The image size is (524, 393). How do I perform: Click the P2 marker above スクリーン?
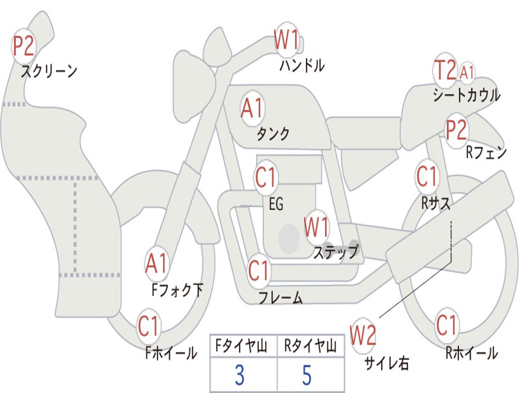click(x=23, y=46)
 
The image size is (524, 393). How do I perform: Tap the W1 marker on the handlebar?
click(x=286, y=39)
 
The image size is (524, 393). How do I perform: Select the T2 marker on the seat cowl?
click(x=445, y=70)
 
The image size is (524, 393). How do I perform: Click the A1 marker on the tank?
click(x=252, y=108)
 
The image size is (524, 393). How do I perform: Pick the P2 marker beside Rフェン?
click(x=456, y=130)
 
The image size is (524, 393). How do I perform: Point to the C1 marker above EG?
click(x=266, y=177)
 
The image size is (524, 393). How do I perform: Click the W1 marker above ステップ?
click(x=316, y=227)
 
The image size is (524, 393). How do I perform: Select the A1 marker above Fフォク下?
click(x=157, y=264)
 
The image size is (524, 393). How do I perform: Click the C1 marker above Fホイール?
click(x=148, y=326)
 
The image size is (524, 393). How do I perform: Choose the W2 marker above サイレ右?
click(x=363, y=335)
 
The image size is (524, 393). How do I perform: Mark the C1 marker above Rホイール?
click(x=446, y=325)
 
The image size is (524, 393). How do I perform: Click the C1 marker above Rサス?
click(x=427, y=176)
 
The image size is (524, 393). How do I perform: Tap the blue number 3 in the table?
click(x=239, y=375)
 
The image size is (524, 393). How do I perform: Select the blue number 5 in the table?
click(x=307, y=375)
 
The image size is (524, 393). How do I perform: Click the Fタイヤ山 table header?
click(x=242, y=346)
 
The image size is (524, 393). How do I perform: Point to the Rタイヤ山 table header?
click(x=311, y=346)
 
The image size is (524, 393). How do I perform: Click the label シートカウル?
click(x=467, y=95)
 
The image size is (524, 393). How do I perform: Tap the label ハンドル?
click(x=302, y=65)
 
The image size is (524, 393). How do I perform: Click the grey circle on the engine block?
click(x=289, y=238)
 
